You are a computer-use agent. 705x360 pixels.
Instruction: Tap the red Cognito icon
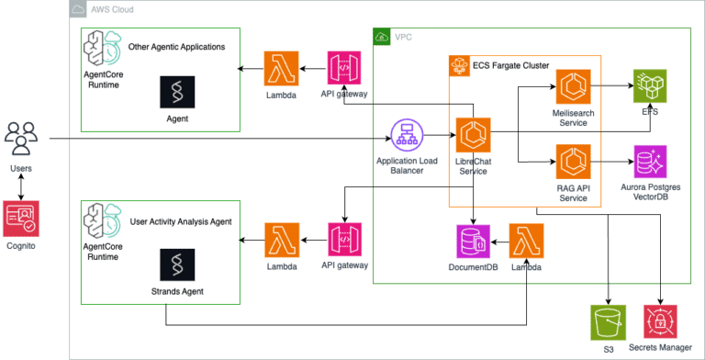22,218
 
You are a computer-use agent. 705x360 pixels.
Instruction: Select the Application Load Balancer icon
407,137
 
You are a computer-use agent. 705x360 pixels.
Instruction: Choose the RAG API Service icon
572,162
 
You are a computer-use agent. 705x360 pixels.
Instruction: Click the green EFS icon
650,86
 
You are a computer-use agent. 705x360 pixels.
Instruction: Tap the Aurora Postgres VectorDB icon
650,162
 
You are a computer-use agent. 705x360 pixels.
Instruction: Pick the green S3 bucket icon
608,322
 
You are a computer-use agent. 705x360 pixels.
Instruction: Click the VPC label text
404,38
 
